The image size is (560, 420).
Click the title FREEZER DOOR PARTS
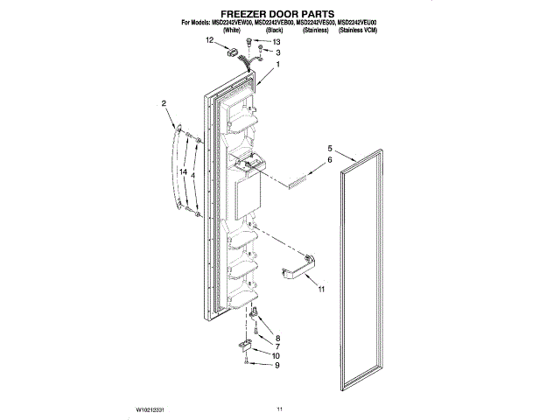[279, 14]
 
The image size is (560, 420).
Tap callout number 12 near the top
[210, 41]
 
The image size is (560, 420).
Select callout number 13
[277, 42]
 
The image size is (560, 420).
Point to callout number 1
[278, 65]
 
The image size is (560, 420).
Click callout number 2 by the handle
[164, 104]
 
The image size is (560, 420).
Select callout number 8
[277, 338]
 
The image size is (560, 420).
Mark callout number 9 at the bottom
[277, 366]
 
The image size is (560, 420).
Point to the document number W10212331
[152, 409]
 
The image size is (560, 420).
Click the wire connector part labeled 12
[233, 52]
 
